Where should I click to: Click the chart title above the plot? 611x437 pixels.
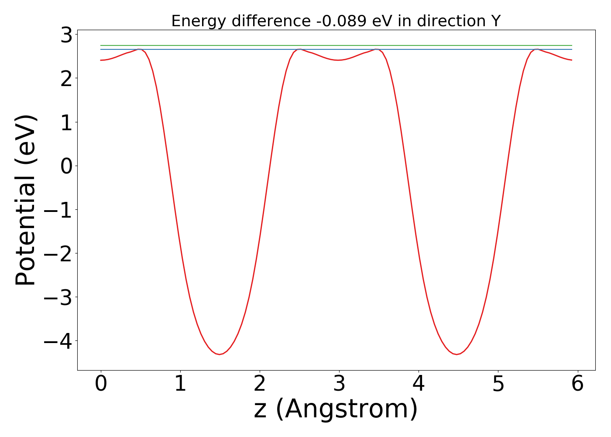[x=336, y=21]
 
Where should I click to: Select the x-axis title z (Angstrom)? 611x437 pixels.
[x=336, y=409]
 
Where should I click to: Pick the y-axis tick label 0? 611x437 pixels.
[x=66, y=166]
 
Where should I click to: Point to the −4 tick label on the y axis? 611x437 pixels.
[x=60, y=341]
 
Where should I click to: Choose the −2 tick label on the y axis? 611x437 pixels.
[x=60, y=253]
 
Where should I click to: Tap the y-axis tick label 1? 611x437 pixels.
[x=66, y=122]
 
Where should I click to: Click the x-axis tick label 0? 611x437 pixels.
[x=101, y=385]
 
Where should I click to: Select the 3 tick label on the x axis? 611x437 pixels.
[x=339, y=385]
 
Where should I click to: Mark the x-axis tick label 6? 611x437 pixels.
[x=577, y=385]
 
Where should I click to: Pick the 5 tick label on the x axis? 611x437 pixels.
[x=498, y=385]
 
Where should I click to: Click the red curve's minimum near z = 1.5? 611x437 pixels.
[x=220, y=354]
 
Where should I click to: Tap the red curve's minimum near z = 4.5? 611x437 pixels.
[x=457, y=354]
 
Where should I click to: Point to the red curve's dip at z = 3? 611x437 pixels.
[x=338, y=60]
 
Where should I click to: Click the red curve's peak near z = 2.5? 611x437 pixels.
[x=299, y=49]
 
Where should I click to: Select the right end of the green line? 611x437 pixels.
[x=572, y=45]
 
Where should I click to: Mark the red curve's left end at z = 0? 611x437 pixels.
[x=101, y=60]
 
